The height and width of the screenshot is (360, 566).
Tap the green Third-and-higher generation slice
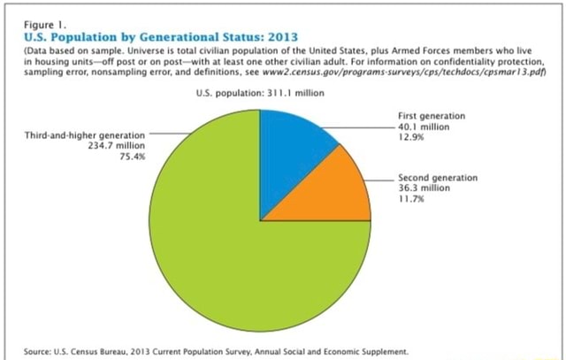(x=221, y=257)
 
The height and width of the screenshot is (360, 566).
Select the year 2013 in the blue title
(x=279, y=37)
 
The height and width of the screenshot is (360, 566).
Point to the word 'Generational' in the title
(x=165, y=37)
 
